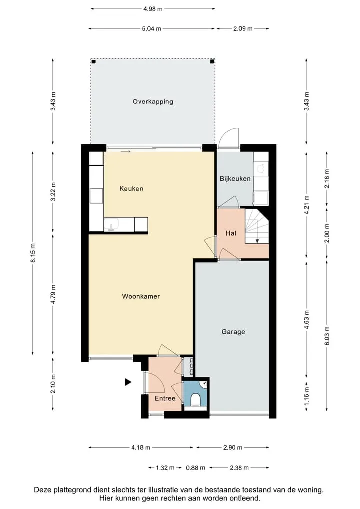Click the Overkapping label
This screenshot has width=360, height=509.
(153, 102)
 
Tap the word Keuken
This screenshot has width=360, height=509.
(131, 188)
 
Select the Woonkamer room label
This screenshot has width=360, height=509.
(141, 296)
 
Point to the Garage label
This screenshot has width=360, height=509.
(233, 332)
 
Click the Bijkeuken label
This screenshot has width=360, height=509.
(235, 179)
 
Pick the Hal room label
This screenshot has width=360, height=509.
(231, 233)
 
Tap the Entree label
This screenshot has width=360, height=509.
(165, 398)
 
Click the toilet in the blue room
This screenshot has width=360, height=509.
(195, 400)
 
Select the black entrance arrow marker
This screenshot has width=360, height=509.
(128, 382)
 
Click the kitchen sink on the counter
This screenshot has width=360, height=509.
(111, 224)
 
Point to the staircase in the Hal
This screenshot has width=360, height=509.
(257, 226)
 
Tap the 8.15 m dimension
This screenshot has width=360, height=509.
(33, 253)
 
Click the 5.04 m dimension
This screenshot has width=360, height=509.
(151, 29)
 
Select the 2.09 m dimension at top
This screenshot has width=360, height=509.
(243, 29)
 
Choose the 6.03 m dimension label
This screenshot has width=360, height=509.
(327, 336)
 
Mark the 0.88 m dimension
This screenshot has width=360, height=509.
(195, 468)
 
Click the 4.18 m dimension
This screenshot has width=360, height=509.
(141, 448)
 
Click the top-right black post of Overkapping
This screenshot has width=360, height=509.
(212, 61)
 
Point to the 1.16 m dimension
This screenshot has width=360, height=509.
(307, 396)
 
